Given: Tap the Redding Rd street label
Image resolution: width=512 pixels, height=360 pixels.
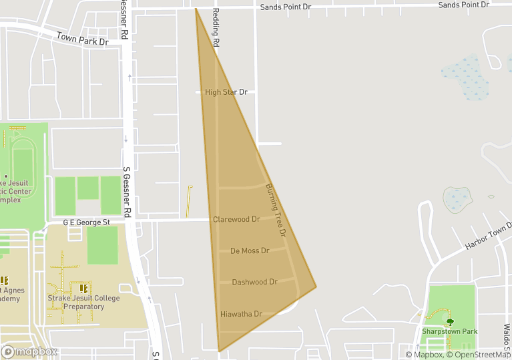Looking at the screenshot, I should (216, 27).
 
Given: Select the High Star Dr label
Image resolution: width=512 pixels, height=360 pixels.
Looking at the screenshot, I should (226, 92).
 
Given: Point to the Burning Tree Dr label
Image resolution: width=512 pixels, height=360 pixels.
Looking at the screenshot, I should (275, 210).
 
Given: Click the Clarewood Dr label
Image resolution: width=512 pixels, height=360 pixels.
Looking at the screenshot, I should (236, 219).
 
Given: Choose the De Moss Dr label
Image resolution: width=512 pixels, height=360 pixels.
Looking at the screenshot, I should (250, 251).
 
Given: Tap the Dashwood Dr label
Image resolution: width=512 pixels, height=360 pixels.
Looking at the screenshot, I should (254, 283).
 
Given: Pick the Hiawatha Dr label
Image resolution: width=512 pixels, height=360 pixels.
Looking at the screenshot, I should (241, 314).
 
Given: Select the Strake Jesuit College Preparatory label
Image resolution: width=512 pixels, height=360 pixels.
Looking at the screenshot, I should (84, 303).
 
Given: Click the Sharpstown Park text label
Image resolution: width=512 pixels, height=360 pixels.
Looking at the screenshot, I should (449, 331).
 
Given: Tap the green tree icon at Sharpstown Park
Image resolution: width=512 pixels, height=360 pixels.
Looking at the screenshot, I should (449, 321).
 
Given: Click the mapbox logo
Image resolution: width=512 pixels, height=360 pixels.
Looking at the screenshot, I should (29, 351).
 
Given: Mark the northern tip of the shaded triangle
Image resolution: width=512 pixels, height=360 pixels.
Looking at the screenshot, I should (196, 9).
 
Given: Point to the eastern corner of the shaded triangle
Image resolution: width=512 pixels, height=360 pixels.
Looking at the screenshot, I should (316, 287).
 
